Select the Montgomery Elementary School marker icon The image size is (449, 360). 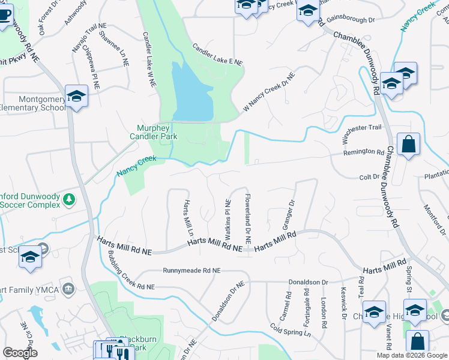tap(77, 96)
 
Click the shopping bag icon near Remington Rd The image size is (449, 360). tap(408, 145)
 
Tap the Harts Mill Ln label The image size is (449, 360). tap(188, 218)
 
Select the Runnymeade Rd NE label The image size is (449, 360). tap(187, 271)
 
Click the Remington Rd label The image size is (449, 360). tap(363, 152)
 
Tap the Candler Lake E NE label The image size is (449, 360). tap(217, 55)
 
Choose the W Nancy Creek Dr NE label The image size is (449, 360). tap(269, 92)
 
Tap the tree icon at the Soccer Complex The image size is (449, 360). tap(70, 199)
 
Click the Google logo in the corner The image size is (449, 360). tap(20, 353)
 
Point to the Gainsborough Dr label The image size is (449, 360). tap(354, 20)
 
